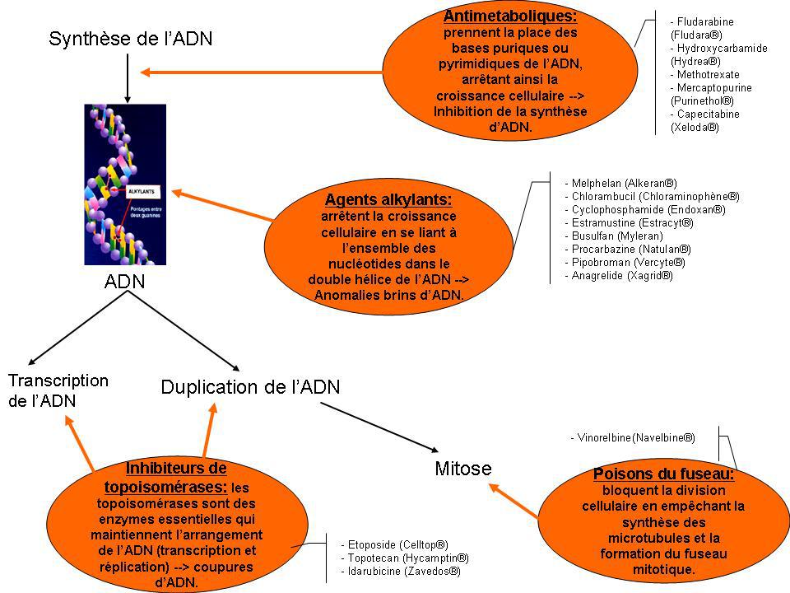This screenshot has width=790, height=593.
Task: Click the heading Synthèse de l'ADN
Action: click(135, 38)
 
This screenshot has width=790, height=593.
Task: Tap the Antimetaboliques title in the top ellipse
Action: click(509, 16)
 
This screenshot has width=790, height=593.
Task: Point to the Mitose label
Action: click(462, 469)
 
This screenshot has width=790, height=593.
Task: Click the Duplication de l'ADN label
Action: click(249, 386)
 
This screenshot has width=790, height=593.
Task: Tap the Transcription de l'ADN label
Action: click(58, 390)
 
